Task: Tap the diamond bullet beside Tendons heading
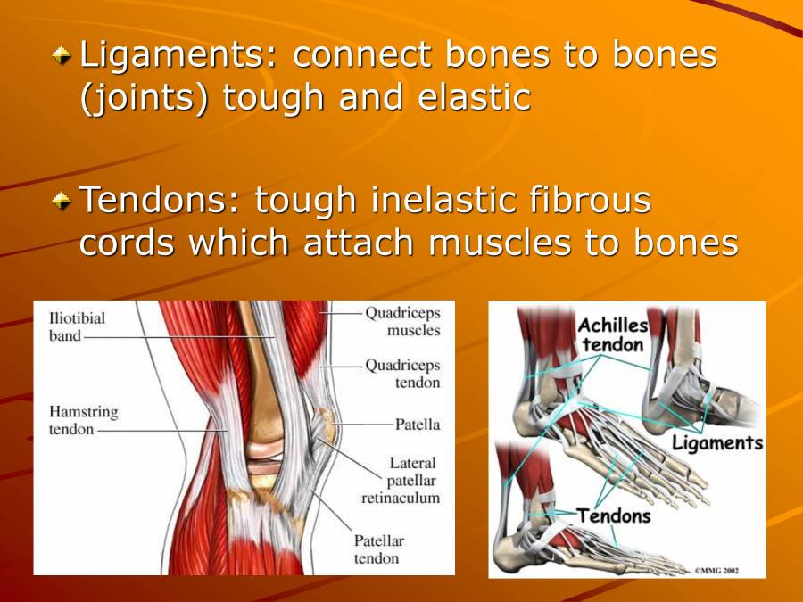(x=62, y=200)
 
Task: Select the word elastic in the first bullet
(x=474, y=96)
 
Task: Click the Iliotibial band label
(x=77, y=327)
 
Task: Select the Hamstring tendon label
(x=84, y=420)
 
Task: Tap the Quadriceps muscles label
(x=402, y=321)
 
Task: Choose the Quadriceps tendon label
(x=402, y=374)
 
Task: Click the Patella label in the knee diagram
(x=417, y=425)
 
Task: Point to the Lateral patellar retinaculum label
(x=401, y=480)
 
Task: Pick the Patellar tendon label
(x=378, y=549)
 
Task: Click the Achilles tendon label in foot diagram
(x=613, y=335)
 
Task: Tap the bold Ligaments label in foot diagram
(x=717, y=443)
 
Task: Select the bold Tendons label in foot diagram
(x=614, y=516)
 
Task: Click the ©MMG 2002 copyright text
(x=716, y=570)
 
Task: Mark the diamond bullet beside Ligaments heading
(x=62, y=55)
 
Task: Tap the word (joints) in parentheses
(x=144, y=97)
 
